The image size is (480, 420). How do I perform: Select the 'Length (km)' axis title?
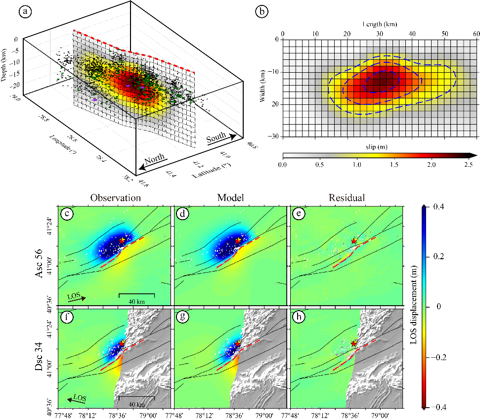tap(380, 24)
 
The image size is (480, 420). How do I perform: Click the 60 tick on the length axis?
tap(477, 34)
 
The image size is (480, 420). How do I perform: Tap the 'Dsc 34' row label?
tap(43, 357)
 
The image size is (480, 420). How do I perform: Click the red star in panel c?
tap(122, 240)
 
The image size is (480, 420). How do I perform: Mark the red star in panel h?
tap(354, 343)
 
